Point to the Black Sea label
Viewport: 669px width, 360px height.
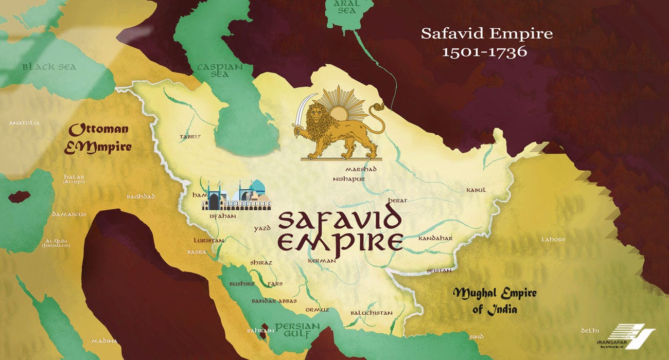tap(49, 67)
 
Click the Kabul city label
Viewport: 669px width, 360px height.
tap(476, 190)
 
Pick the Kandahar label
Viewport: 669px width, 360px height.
tap(435, 239)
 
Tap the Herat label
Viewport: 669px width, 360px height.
tap(398, 201)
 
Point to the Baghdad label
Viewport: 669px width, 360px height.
tap(140, 197)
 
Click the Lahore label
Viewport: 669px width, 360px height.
tap(553, 240)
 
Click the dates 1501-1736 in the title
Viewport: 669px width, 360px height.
tap(485, 51)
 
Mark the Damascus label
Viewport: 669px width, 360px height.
tap(69, 214)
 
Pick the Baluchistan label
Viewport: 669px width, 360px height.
tap(371, 313)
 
